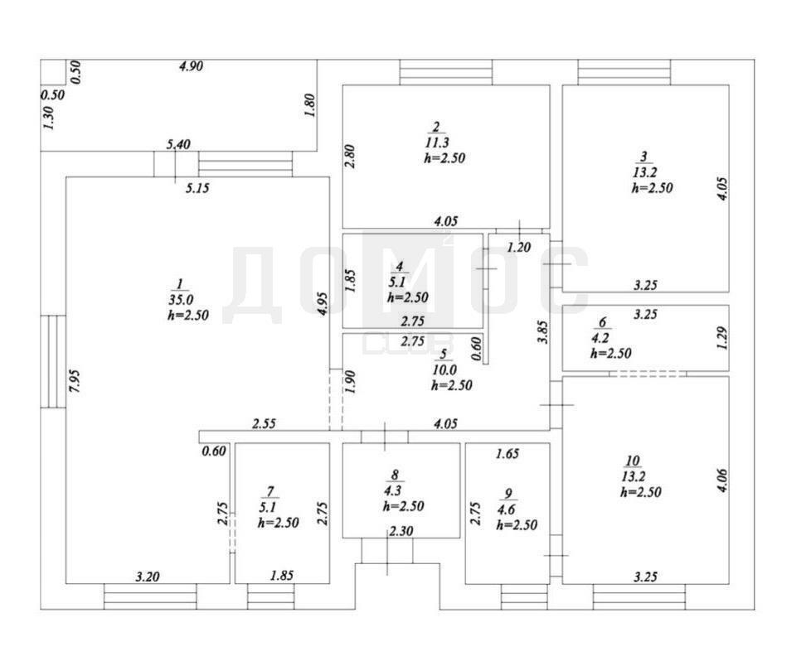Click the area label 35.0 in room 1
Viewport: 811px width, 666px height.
tap(181, 300)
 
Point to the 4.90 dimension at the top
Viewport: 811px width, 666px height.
tap(192, 67)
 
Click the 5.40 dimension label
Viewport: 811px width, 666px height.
tap(179, 145)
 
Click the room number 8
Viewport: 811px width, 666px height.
tap(395, 475)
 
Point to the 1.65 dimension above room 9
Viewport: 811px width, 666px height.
tap(507, 453)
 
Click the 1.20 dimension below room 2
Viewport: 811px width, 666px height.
tap(518, 246)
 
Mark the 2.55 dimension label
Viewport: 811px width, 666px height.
tap(264, 424)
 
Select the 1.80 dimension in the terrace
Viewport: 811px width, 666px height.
tap(308, 105)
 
